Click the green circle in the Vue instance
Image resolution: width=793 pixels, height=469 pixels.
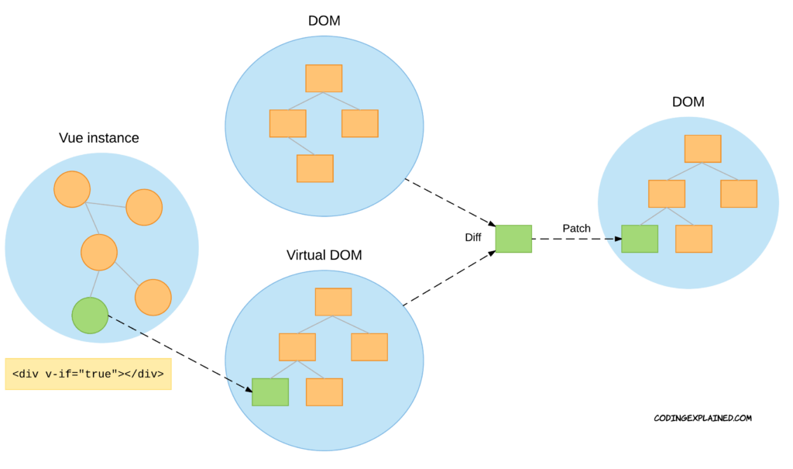point(90,316)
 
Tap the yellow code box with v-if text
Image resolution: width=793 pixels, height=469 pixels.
point(88,374)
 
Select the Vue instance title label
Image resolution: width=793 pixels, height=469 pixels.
point(99,139)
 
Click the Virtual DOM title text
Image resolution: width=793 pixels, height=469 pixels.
point(324,255)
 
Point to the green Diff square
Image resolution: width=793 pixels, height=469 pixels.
point(513,239)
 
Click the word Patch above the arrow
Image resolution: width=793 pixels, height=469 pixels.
point(576,228)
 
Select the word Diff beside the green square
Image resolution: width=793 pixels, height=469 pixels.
point(473,237)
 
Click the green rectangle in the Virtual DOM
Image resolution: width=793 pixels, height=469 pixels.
point(270,391)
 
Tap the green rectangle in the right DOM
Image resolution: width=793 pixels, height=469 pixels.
point(640,239)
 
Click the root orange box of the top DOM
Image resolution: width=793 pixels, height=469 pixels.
point(324,78)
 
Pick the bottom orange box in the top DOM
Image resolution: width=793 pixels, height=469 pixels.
point(315,168)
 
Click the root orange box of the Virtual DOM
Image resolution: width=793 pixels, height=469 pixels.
point(333,302)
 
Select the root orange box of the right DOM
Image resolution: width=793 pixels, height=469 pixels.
point(702,149)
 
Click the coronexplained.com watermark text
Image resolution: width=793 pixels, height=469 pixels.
point(702,418)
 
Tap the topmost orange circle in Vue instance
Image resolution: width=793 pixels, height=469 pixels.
point(72,189)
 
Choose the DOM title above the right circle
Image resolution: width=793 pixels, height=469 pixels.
point(688,102)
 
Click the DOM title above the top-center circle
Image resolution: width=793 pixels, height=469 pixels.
point(324,22)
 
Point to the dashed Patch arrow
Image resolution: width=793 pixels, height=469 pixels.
point(576,239)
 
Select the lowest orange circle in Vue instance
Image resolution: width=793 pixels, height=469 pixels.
point(153,298)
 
